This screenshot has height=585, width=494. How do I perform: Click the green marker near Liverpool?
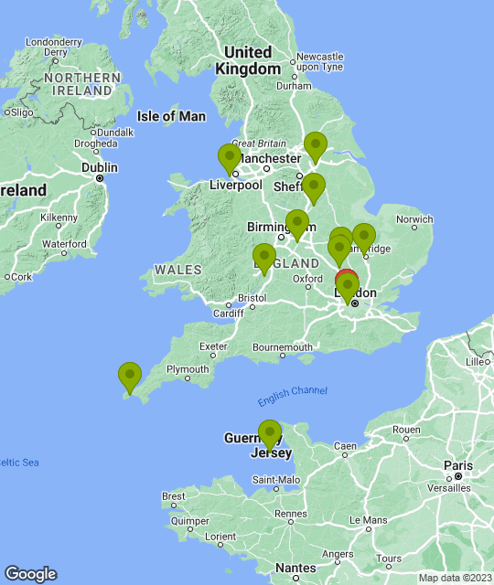230,158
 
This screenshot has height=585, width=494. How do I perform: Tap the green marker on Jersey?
270,433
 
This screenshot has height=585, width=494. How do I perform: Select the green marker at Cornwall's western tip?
130,376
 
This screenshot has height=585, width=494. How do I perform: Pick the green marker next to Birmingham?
296,223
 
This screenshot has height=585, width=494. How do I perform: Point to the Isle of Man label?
171,116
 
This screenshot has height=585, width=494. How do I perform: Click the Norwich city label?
414,218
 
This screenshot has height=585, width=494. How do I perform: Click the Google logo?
30,573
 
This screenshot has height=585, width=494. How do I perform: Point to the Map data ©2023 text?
454,578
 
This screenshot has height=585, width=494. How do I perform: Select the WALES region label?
172,270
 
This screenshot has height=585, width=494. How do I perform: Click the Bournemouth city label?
283,347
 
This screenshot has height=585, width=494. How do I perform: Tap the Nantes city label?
295,568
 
